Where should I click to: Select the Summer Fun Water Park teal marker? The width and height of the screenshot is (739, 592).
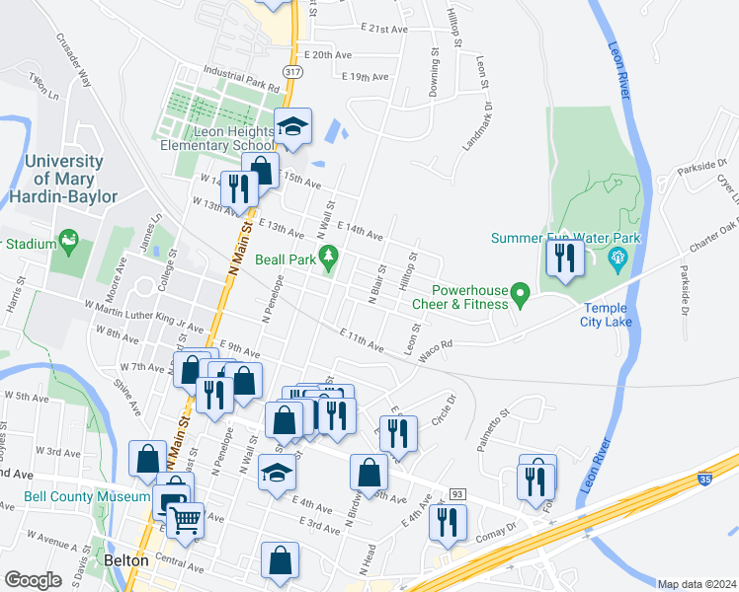coord(618,259)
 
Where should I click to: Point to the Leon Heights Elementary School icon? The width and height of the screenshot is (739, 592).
coord(292,124)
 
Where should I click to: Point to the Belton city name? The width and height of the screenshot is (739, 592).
coord(125,560)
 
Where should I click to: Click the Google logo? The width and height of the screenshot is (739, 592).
coord(34,579)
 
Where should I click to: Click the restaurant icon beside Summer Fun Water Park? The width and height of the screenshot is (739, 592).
coord(564,258)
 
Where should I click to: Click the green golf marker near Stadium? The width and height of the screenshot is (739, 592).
coord(68,238)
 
